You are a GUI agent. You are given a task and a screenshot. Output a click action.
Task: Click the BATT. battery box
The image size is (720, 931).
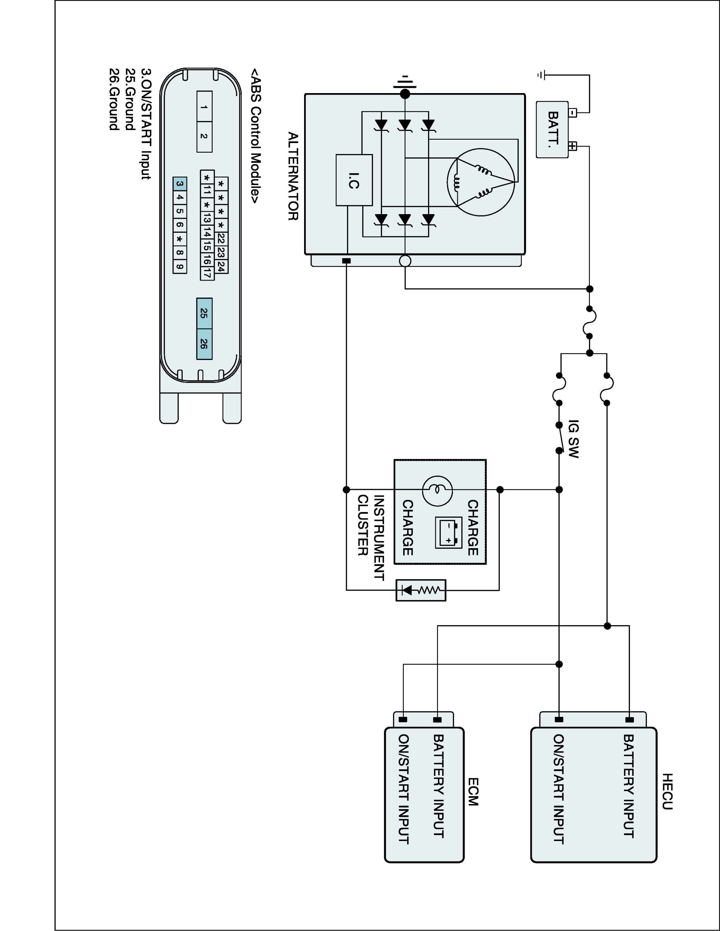552,130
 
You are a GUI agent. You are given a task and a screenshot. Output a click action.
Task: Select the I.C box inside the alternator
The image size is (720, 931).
354,180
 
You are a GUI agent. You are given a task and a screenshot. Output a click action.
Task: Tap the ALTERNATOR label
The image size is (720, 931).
293,176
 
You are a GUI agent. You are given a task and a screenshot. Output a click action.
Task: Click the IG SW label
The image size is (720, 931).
574,439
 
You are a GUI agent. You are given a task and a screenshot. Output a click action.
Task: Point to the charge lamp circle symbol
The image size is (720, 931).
437,490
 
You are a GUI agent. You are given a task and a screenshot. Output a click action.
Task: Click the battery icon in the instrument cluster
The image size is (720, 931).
448,533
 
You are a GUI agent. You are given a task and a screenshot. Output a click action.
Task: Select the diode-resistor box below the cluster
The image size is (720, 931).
421,590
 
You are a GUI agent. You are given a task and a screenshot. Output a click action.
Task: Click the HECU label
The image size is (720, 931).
667,792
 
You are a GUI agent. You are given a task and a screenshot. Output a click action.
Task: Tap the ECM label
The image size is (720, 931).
473,792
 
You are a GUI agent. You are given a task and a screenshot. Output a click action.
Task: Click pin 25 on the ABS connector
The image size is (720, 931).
204,313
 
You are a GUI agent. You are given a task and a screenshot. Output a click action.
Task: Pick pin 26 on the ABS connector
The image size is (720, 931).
204,344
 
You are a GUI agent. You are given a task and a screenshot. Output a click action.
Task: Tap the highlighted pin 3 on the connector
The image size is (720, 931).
180,184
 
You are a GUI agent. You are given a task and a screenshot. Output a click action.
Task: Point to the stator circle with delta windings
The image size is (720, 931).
481,182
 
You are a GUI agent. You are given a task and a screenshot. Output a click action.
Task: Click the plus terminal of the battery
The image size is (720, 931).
572,146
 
